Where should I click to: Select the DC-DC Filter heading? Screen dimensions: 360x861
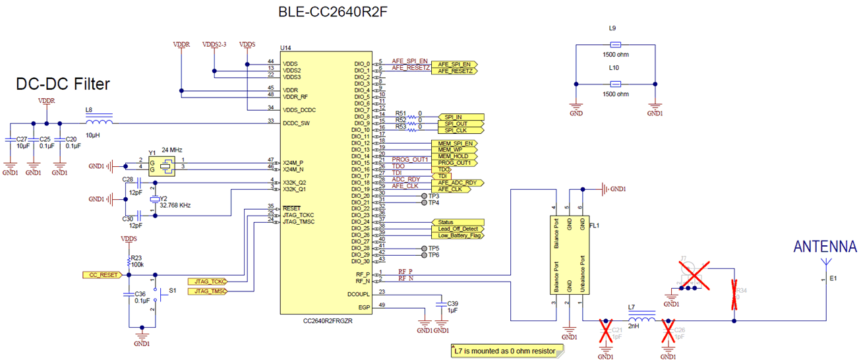(x=63, y=84)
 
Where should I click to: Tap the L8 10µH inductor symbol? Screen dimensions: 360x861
(x=99, y=122)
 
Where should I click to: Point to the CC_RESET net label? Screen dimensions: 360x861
(x=101, y=274)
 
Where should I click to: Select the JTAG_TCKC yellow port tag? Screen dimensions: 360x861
(x=207, y=282)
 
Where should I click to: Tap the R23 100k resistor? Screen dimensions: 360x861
(x=129, y=261)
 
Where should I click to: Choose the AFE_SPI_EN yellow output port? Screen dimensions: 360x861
(x=453, y=64)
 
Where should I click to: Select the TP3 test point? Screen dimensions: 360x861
(x=424, y=196)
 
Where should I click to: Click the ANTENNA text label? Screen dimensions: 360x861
(x=825, y=247)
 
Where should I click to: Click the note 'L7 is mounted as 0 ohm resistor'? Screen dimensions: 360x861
(x=505, y=351)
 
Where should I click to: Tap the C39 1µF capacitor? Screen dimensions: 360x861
(x=442, y=305)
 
